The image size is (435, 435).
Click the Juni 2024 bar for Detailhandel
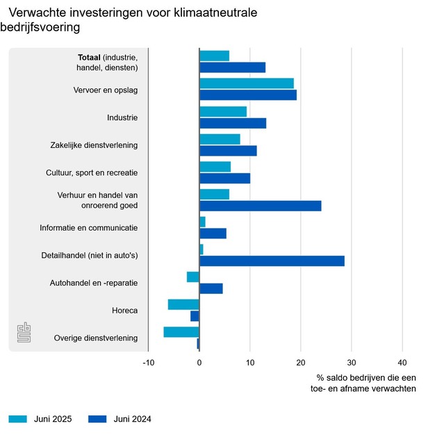272,261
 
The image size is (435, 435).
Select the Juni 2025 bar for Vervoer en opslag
246,83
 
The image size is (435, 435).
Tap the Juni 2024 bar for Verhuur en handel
260,206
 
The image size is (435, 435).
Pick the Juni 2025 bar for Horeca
183,304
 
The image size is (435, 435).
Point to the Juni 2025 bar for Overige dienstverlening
181,332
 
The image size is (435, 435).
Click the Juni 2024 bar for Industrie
233,123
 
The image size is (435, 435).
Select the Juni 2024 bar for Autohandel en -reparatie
211,288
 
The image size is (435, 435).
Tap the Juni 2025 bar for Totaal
214,56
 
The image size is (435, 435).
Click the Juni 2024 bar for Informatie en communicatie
213,233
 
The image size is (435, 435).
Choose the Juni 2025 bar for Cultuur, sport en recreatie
215,167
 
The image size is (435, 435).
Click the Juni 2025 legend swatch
17,418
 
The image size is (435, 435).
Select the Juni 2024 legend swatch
99,418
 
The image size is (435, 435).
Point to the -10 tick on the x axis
149,362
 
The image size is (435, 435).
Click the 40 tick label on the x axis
402,362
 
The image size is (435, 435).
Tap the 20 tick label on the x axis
300,362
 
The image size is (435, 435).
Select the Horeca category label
124,311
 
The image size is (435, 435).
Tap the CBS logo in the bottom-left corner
24,332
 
